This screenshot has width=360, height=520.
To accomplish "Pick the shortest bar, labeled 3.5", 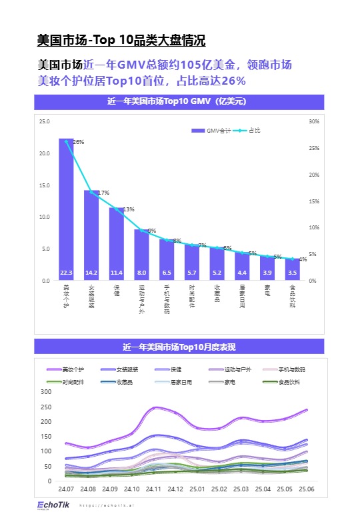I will [292, 269].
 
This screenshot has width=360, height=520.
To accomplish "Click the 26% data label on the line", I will [79, 142].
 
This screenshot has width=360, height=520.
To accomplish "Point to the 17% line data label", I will [103, 193].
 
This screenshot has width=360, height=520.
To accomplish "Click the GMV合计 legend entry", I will [211, 131].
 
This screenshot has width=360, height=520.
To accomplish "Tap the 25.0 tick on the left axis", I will [44, 121].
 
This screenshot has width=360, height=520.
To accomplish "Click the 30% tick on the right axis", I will [313, 121].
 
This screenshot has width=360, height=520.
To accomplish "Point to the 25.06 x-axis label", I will [307, 489].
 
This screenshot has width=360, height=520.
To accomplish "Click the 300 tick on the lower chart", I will [46, 391].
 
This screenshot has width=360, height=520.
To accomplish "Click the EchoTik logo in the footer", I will [53, 505].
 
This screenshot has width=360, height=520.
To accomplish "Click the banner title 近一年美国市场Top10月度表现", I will [179, 347].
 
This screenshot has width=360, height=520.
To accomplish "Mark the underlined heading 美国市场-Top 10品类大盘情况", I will [125, 41].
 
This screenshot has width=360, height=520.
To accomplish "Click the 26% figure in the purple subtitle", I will [233, 81].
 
